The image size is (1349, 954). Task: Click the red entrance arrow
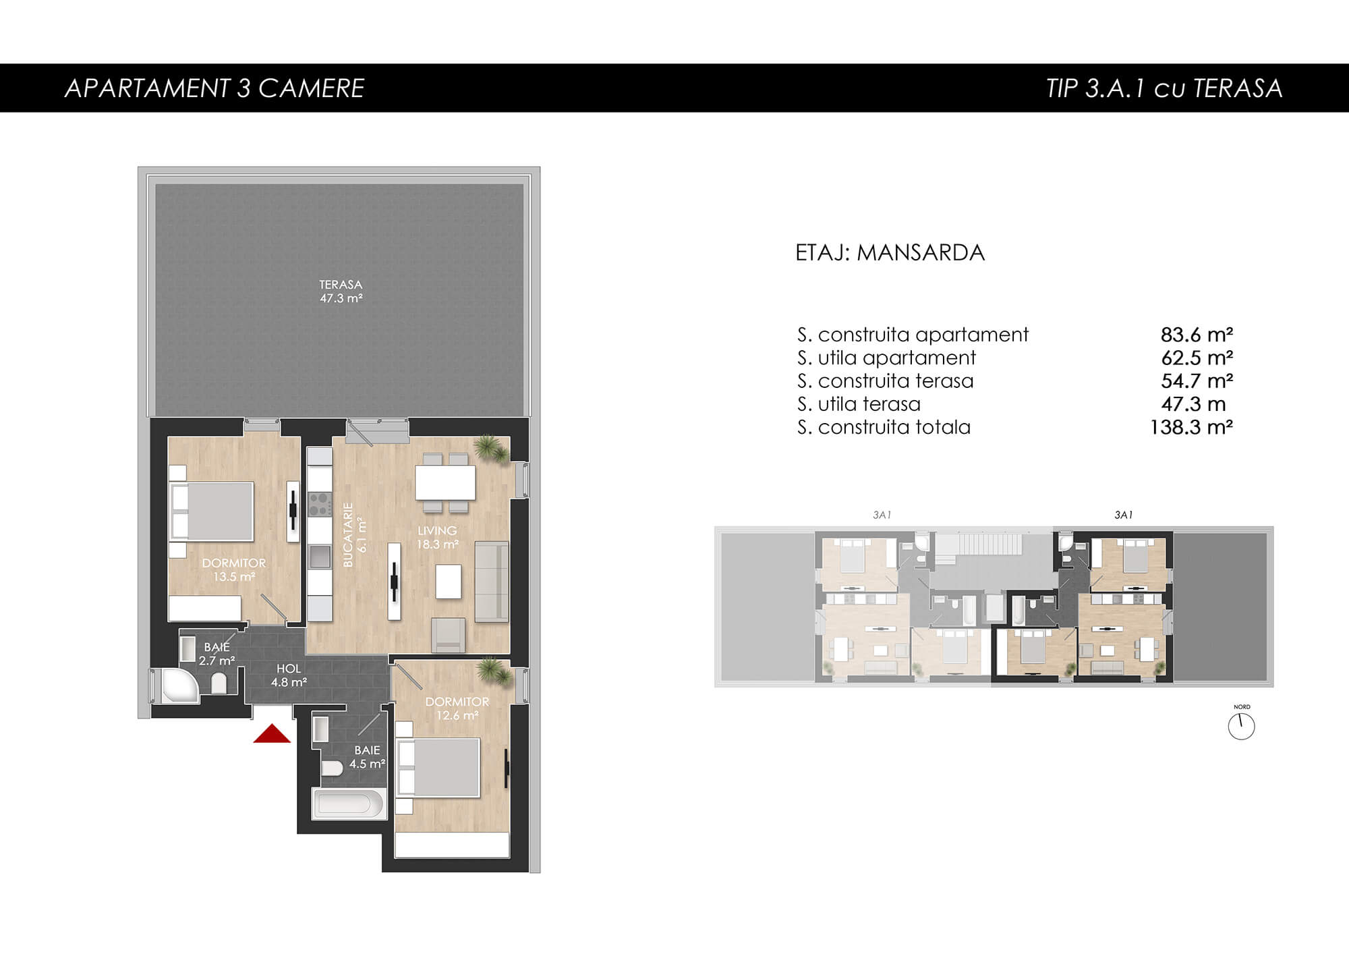[272, 733]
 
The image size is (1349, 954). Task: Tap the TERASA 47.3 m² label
[341, 291]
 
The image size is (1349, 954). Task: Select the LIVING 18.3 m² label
[437, 537]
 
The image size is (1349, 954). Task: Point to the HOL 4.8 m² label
[289, 675]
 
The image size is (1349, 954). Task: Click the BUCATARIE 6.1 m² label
[355, 534]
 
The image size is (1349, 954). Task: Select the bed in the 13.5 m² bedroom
[212, 511]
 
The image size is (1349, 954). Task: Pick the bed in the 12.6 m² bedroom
[438, 768]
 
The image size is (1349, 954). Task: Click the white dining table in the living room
[445, 483]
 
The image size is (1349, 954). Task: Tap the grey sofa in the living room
[492, 581]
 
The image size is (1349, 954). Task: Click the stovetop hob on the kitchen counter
[320, 504]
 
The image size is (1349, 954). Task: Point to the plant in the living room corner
[490, 448]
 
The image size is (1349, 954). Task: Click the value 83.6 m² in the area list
[1197, 334]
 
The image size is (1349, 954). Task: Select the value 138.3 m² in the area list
[1191, 427]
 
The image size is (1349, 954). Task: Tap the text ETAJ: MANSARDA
[890, 252]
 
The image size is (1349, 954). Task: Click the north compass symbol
[1241, 727]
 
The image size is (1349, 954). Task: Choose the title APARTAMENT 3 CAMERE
[214, 88]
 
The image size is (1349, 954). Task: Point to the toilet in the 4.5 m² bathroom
[331, 768]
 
